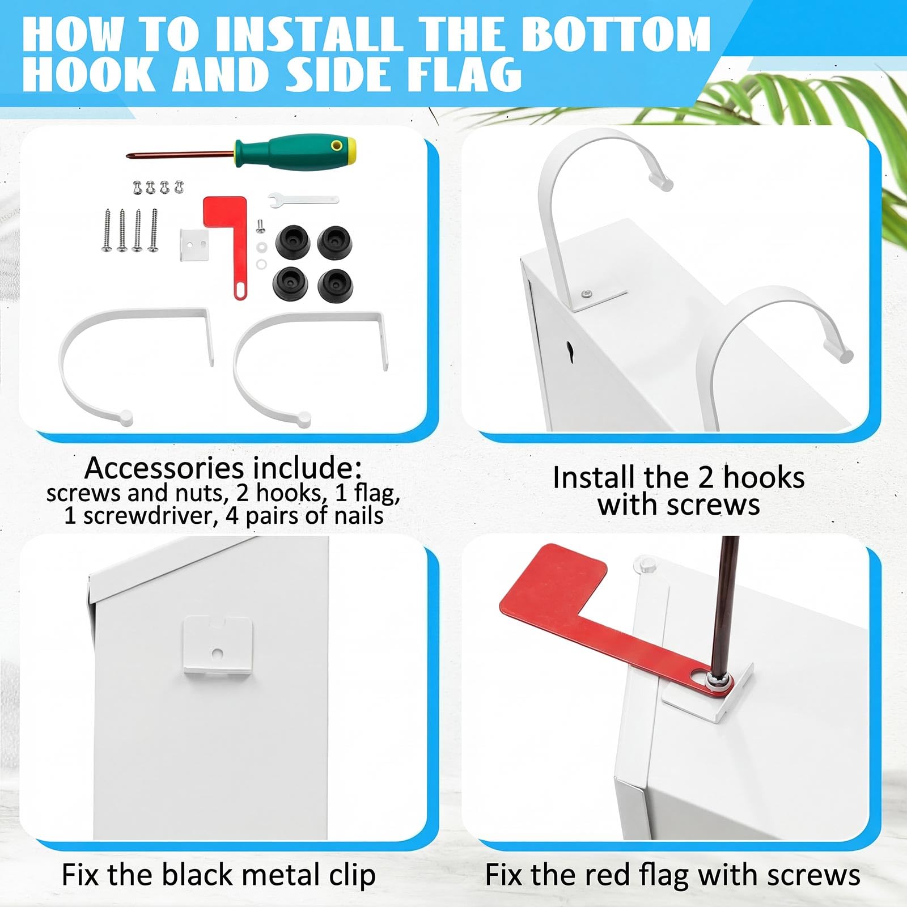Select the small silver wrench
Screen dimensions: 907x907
pyautogui.click(x=303, y=200)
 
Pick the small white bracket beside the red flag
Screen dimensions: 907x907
pyautogui.click(x=194, y=245)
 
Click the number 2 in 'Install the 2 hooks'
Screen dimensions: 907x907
pyautogui.click(x=705, y=477)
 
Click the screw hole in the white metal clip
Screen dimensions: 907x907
pyautogui.click(x=217, y=654)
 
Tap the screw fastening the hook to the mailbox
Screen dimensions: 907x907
pyautogui.click(x=587, y=293)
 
